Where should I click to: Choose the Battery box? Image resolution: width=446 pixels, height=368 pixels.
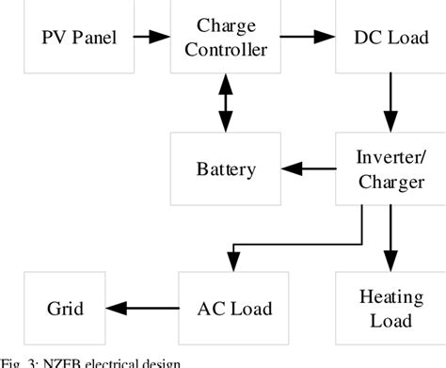(225, 169)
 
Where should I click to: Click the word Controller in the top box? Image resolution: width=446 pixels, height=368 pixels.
(225, 49)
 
